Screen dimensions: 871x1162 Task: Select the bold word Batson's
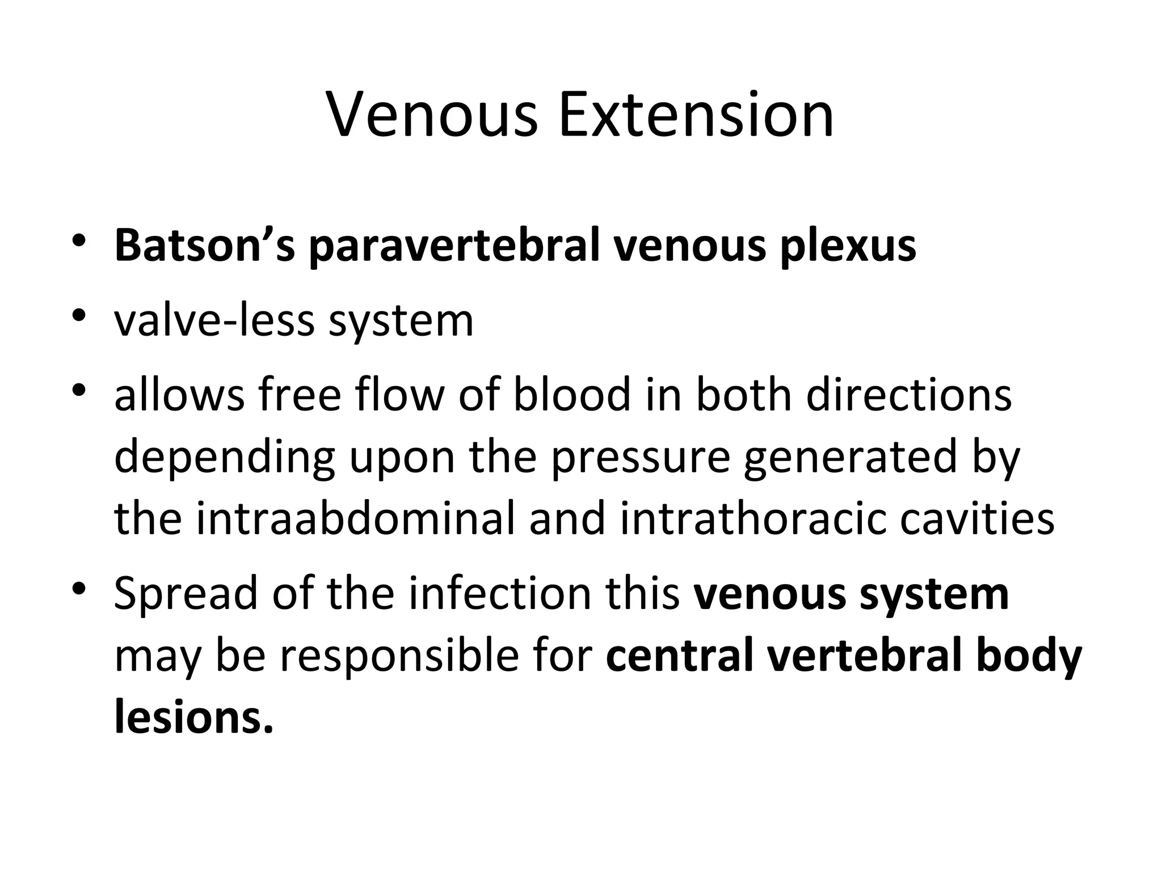click(205, 246)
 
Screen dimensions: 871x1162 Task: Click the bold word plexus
click(848, 247)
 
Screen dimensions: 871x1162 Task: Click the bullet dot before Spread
click(79, 586)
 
